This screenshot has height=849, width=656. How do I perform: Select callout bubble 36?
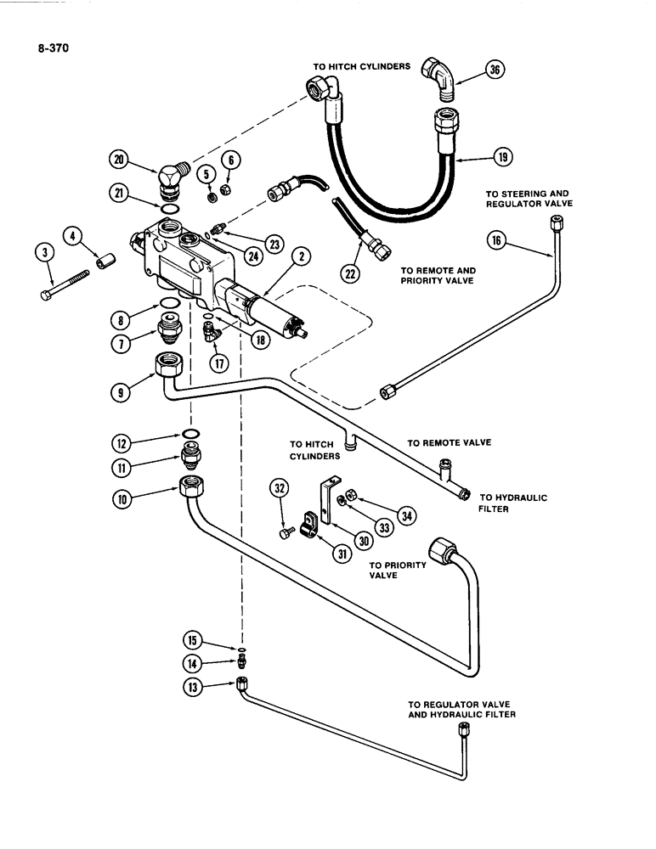pyautogui.click(x=494, y=71)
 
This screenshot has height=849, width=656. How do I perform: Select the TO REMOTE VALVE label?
pyautogui.click(x=449, y=442)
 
